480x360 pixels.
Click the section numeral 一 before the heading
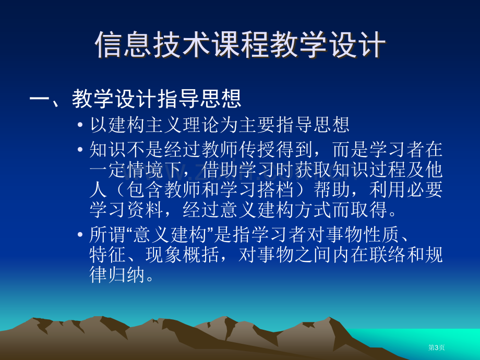[40, 99]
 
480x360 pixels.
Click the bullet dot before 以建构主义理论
[80, 125]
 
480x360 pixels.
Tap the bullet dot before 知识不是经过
[80, 150]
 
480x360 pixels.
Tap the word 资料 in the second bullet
[146, 210]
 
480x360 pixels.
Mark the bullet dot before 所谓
[80, 235]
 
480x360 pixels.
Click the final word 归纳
[127, 274]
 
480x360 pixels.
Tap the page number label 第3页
[436, 347]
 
